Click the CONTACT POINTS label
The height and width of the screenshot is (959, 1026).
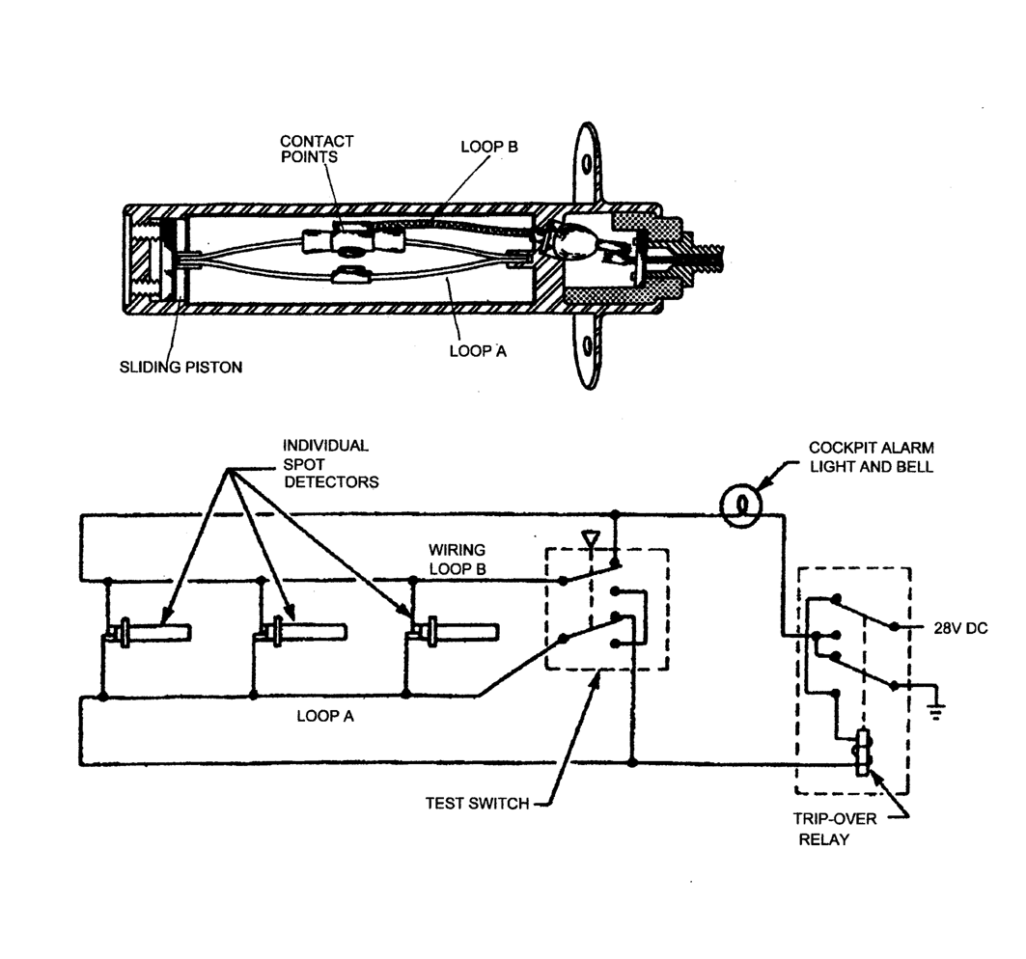[x=317, y=150]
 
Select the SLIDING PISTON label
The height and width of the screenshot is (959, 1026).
[x=181, y=368]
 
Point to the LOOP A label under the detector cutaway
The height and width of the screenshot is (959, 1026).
[x=477, y=351]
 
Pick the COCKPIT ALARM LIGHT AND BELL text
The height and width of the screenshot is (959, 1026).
[x=872, y=456]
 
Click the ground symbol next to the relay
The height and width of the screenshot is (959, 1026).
[x=935, y=711]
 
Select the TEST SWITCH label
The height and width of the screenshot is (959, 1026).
[x=477, y=803]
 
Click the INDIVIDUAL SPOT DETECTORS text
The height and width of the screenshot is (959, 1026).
[x=330, y=463]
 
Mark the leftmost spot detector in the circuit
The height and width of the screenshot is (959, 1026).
[x=150, y=634]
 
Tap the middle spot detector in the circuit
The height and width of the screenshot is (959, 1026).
[x=300, y=633]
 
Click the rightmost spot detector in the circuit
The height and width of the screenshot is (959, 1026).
[x=454, y=633]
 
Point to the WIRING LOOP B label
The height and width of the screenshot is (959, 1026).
[x=457, y=559]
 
